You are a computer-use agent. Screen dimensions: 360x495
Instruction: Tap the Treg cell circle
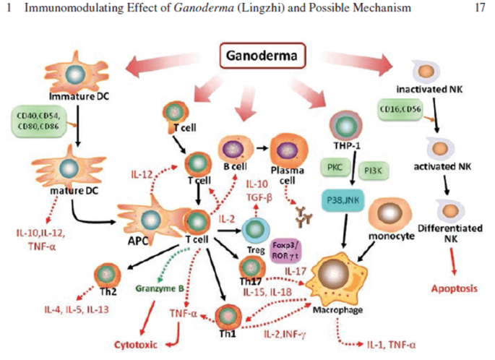pyautogui.click(x=255, y=230)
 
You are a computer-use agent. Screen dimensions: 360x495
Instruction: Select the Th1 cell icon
pyautogui.click(x=225, y=315)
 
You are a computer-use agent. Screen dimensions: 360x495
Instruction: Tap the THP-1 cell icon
pyautogui.click(x=342, y=124)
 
